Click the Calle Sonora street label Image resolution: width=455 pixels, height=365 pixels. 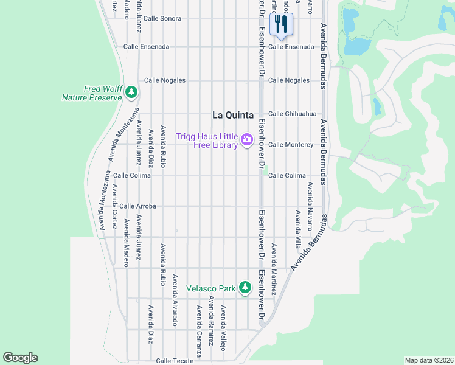pyautogui.click(x=162, y=19)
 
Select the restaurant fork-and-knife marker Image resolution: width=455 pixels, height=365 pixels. pyautogui.click(x=280, y=24)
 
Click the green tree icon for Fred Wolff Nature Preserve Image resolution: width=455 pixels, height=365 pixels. pyautogui.click(x=131, y=92)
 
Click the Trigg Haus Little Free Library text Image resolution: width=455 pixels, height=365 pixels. pyautogui.click(x=207, y=141)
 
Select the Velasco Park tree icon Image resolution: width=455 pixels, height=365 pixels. pyautogui.click(x=245, y=287)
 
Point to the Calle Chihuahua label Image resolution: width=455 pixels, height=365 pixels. pyautogui.click(x=293, y=114)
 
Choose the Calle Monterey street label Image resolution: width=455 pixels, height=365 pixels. pyautogui.click(x=291, y=145)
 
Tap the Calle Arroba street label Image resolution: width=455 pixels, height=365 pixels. pyautogui.click(x=137, y=206)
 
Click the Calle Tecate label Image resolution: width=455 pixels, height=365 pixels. pyautogui.click(x=175, y=361)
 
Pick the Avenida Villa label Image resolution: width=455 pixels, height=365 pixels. pyautogui.click(x=297, y=226)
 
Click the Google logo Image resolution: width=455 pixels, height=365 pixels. pyautogui.click(x=20, y=358)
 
